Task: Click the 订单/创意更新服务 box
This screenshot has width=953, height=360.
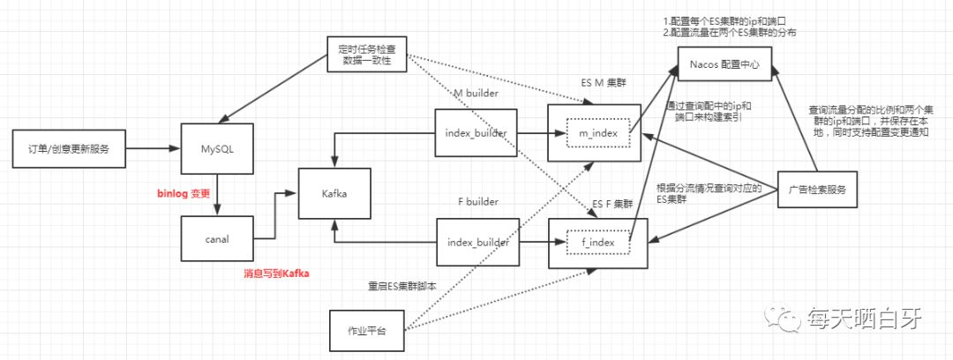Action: [69, 147]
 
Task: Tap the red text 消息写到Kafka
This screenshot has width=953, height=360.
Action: [281, 274]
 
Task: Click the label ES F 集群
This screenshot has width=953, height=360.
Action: [611, 205]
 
